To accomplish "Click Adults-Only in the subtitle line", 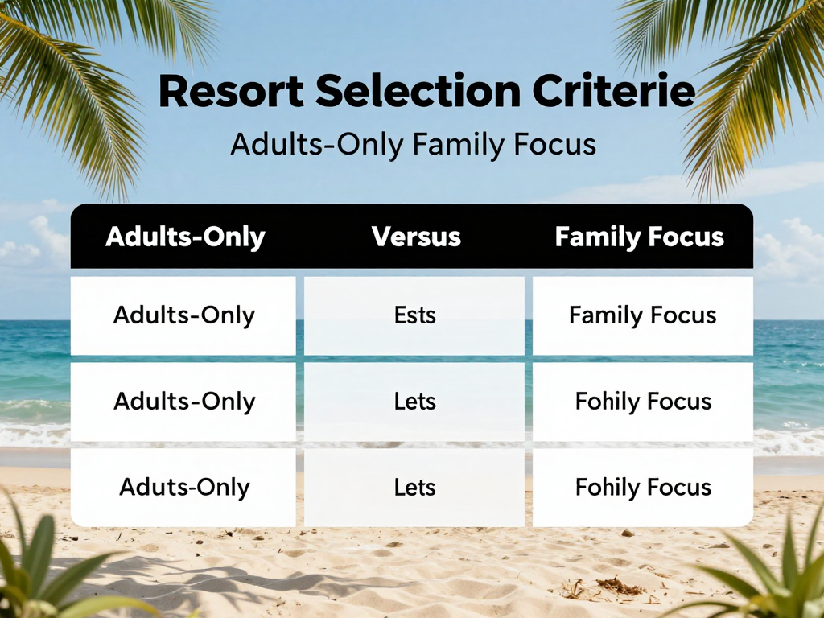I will [317, 144].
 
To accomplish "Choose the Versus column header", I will [416, 237].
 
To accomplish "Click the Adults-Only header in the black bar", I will [185, 237].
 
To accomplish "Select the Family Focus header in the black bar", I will [639, 237].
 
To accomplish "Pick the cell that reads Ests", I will [414, 315].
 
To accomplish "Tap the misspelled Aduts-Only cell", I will [184, 487].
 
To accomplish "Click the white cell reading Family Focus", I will [642, 315].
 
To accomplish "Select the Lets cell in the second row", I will [414, 401].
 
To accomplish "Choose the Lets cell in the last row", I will [414, 487].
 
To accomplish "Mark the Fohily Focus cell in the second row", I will [642, 401].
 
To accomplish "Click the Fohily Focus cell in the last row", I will [642, 487].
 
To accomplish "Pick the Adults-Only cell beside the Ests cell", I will [183, 315].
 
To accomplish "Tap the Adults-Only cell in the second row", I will [183, 401].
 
